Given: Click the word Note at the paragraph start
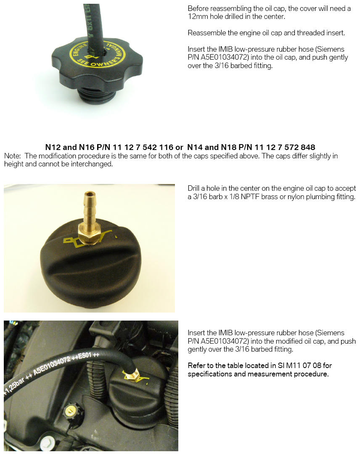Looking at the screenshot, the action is (x=12, y=156).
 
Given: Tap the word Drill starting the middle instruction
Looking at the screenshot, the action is (x=194, y=188).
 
